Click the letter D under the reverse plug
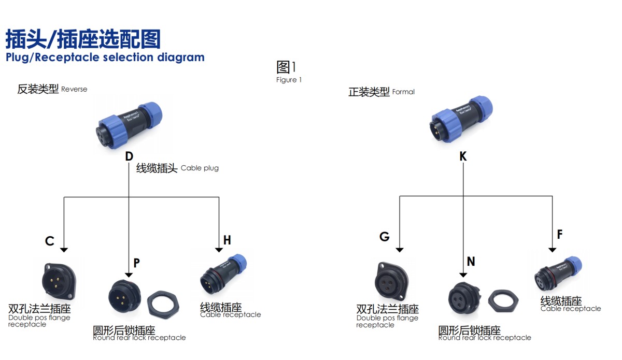click(x=129, y=156)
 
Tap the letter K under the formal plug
click(x=463, y=156)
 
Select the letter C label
click(x=50, y=241)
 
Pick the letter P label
click(x=136, y=263)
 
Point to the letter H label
click(x=227, y=240)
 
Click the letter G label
click(x=384, y=237)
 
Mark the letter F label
click(x=560, y=235)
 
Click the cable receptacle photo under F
click(x=557, y=273)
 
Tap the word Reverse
click(x=74, y=89)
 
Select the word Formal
click(x=403, y=92)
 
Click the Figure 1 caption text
click(x=289, y=80)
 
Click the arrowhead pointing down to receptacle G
click(x=399, y=249)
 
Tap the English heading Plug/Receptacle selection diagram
click(x=105, y=57)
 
